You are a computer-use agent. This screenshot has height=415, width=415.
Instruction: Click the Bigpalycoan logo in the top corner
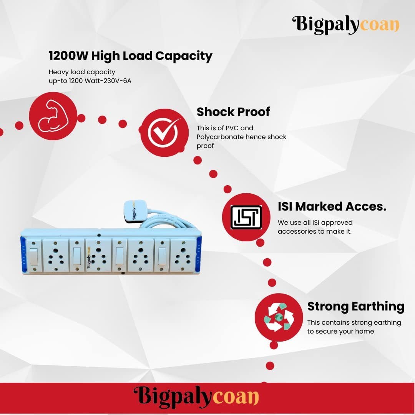(346, 25)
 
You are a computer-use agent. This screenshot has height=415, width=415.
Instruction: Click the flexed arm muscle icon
(53, 116)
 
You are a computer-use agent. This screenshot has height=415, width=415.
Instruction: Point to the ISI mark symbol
(246, 217)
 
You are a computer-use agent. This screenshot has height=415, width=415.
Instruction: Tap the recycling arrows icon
(279, 317)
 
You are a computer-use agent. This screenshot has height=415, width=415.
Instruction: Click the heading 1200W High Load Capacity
(131, 56)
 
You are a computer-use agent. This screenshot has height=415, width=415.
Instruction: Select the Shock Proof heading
(233, 112)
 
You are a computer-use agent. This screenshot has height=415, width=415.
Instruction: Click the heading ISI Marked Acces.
(332, 206)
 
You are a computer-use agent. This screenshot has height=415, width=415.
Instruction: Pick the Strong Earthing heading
(356, 307)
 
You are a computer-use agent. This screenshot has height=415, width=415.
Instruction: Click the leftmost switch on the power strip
(33, 256)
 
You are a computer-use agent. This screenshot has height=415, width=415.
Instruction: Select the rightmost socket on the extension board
(183, 256)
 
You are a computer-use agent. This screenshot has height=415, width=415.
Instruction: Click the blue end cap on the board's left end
(23, 255)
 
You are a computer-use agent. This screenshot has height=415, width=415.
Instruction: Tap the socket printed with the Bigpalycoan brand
(98, 256)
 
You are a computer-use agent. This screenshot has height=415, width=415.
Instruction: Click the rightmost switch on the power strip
(162, 256)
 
